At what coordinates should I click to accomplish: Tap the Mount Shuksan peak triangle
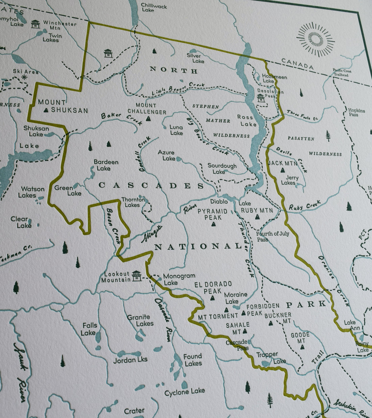click(46, 110)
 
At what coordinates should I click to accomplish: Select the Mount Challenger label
click(146, 109)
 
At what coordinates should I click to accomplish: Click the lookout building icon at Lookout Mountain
click(136, 276)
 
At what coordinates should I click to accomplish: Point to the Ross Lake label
click(246, 121)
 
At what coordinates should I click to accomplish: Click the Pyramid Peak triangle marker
click(213, 224)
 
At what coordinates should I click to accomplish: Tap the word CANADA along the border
click(297, 64)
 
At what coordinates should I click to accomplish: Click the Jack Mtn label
click(282, 163)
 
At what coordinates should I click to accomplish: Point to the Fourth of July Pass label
click(272, 236)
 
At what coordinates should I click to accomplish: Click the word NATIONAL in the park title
click(198, 247)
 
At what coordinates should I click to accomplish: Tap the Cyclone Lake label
click(185, 392)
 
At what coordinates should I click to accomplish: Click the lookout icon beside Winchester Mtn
click(35, 24)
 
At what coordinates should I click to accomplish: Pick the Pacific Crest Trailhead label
click(342, 73)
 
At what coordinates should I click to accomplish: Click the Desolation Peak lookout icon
click(260, 98)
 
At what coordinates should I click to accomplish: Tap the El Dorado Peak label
click(213, 287)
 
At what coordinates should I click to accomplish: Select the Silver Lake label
click(195, 58)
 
